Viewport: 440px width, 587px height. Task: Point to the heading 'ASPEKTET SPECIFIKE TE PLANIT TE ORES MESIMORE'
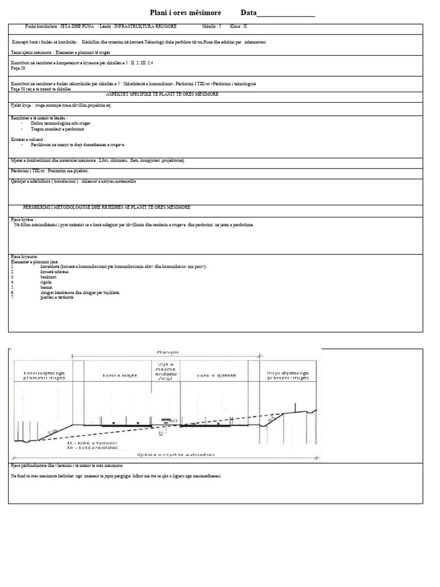click(162, 94)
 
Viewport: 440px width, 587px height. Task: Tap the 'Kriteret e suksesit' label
click(28, 139)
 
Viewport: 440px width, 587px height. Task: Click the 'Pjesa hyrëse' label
click(23, 219)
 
